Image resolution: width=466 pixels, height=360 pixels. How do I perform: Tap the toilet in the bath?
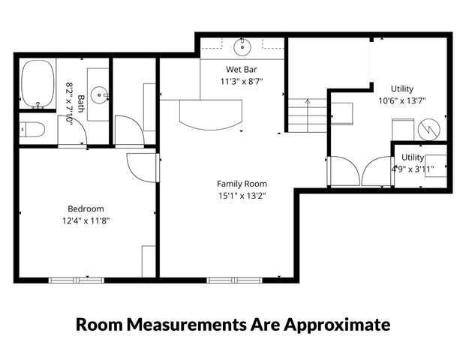click(32, 130)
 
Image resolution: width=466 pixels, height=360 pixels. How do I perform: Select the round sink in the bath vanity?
click(98, 95)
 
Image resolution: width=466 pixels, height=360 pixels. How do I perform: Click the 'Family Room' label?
click(242, 184)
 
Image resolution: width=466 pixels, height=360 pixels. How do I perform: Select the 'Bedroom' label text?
click(86, 208)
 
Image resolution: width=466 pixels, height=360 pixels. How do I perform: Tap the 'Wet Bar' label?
click(242, 69)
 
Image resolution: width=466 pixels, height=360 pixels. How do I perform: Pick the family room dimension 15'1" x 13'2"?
click(242, 196)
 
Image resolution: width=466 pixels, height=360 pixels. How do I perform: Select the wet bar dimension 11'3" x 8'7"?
click(242, 81)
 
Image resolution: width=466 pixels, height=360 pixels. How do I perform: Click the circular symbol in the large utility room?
click(427, 128)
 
